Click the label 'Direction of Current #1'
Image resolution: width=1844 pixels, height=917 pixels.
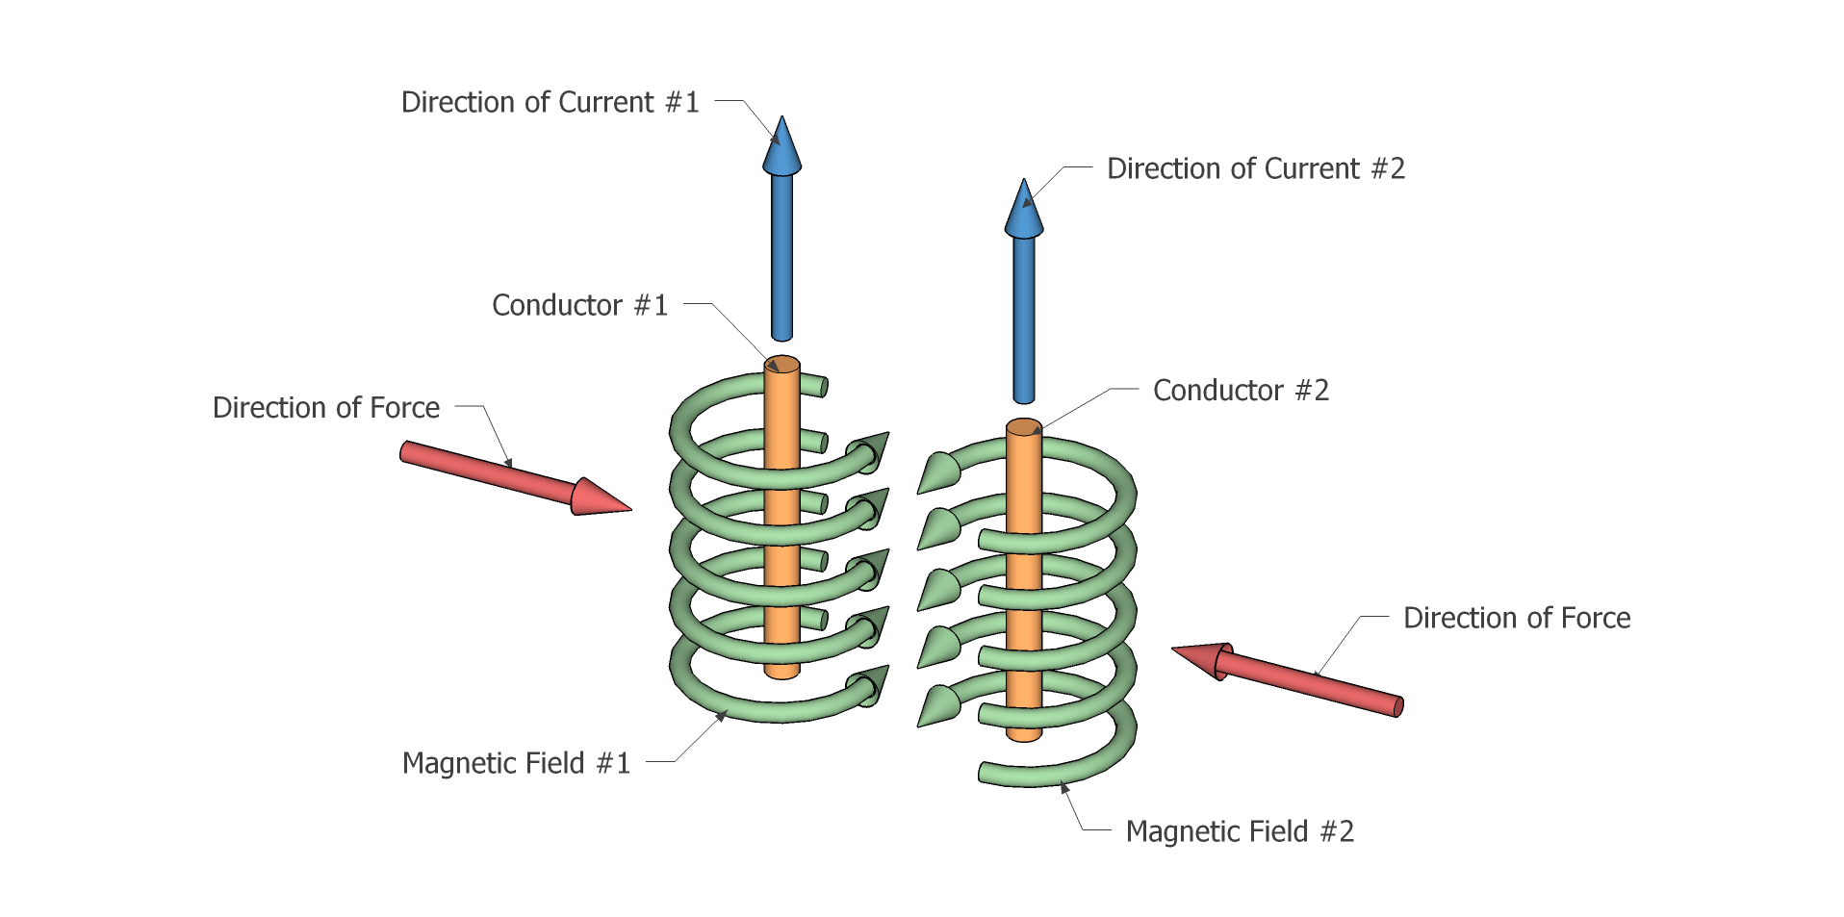coord(550,102)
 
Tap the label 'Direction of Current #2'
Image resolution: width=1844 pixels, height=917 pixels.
coord(1256,168)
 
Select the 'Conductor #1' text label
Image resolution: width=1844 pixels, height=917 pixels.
coord(579,305)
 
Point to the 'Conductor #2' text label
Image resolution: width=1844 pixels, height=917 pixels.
coord(1241,390)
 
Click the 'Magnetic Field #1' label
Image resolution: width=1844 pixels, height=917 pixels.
coord(516,763)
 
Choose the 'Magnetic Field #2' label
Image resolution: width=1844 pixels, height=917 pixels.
coord(1240,831)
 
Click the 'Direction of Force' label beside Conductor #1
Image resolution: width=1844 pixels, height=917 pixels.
coord(326,408)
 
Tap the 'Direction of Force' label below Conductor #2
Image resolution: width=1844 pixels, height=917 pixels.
coord(1517,618)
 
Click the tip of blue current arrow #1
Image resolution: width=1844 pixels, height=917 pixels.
coord(782,117)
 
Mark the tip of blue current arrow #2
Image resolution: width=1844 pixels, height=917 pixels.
coord(1024,180)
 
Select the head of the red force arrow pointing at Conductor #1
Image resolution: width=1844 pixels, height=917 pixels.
coord(601,497)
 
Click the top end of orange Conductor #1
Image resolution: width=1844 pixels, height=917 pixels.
coord(782,365)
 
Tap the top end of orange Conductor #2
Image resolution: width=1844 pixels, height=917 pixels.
coord(1024,427)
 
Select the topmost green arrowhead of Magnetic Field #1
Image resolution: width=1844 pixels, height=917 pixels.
coord(869,452)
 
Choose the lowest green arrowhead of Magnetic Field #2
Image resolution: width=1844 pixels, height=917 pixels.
coord(936,705)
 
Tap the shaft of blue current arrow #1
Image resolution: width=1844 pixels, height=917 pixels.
coord(782,257)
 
